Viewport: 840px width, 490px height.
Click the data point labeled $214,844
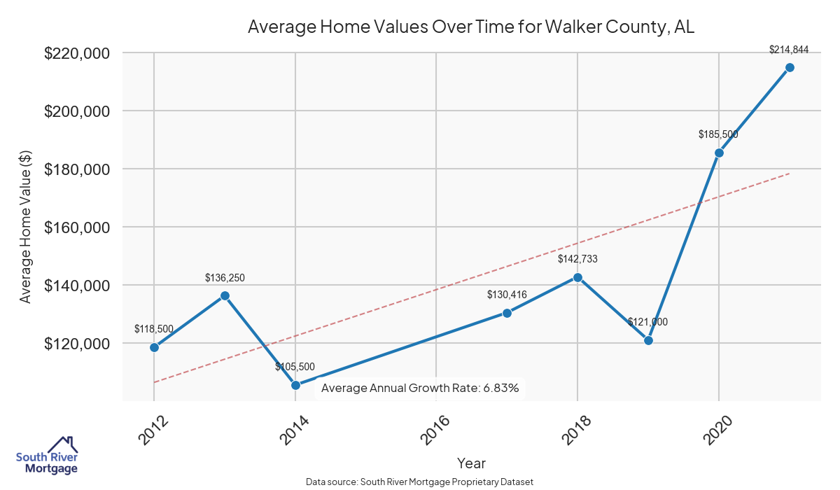pyautogui.click(x=790, y=67)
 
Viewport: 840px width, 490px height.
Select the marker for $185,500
pyautogui.click(x=719, y=153)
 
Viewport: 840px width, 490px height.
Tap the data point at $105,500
pyautogui.click(x=295, y=385)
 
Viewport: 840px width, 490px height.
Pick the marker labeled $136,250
pyautogui.click(x=225, y=295)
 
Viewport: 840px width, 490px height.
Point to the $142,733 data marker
pyautogui.click(x=577, y=277)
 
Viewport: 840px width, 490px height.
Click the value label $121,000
pyautogui.click(x=647, y=322)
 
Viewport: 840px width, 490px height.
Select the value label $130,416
pyautogui.click(x=507, y=295)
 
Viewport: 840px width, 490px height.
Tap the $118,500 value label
pyautogui.click(x=154, y=328)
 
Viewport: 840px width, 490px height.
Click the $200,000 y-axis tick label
pyautogui.click(x=76, y=111)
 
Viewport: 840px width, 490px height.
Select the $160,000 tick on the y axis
pyautogui.click(x=76, y=227)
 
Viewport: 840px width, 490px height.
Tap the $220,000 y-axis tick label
pyautogui.click(x=76, y=53)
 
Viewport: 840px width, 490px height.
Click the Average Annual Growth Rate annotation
pyautogui.click(x=420, y=388)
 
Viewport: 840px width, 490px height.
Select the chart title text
pyautogui.click(x=471, y=28)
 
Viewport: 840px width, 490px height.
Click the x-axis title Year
pyautogui.click(x=471, y=463)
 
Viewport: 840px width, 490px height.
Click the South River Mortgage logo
pyautogui.click(x=47, y=456)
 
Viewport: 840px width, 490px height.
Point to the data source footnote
pyautogui.click(x=420, y=482)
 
